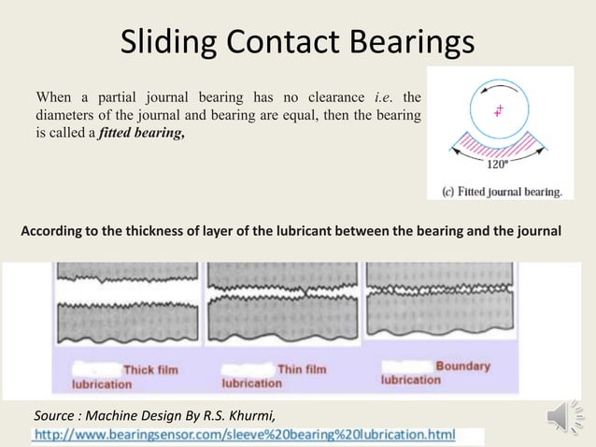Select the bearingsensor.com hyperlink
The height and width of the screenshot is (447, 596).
pos(245,436)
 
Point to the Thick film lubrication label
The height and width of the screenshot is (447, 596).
pos(125,376)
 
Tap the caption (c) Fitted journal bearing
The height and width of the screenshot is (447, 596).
pos(501,192)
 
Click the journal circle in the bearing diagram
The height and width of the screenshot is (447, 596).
pos(500,110)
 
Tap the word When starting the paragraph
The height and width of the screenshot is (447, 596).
pos(53,97)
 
